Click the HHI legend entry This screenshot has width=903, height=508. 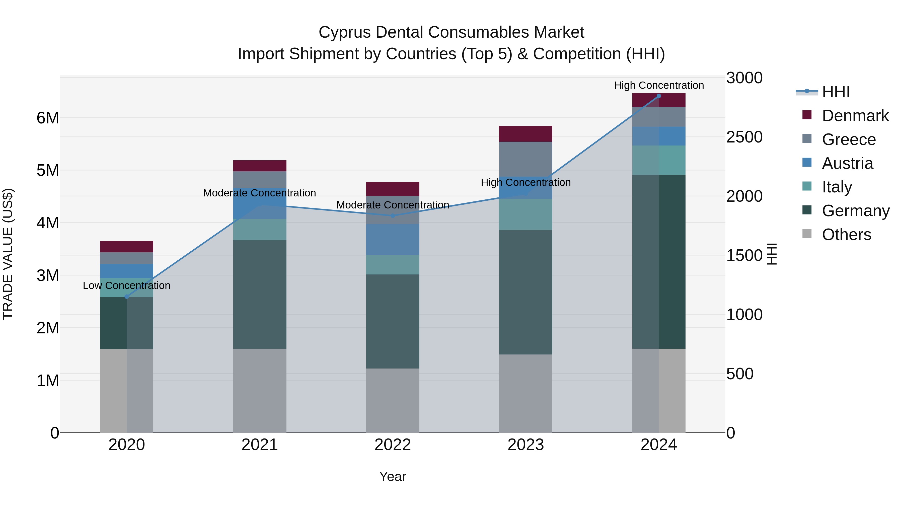click(836, 92)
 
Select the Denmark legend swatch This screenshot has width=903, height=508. click(807, 115)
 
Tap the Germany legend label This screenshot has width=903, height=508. click(856, 211)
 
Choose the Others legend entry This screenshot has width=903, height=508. click(846, 235)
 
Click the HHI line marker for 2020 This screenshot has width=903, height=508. click(127, 297)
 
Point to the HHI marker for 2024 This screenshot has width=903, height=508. click(659, 96)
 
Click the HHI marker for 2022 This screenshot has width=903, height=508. click(393, 215)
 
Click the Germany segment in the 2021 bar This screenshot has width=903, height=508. click(260, 294)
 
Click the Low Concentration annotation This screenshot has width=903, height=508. click(127, 285)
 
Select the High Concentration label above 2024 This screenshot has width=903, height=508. click(659, 85)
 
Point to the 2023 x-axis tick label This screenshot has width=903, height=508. click(525, 445)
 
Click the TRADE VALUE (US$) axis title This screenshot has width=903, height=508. click(8, 254)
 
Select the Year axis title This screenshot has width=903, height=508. click(393, 476)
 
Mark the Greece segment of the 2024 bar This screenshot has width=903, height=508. click(659, 117)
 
